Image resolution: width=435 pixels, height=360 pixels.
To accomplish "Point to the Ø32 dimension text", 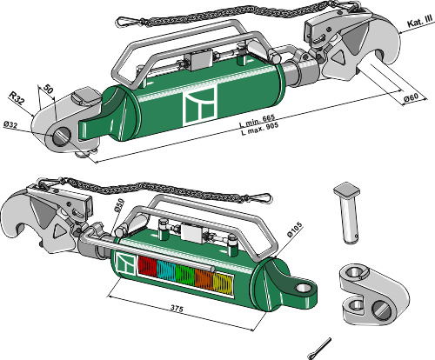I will tap(11, 127).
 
